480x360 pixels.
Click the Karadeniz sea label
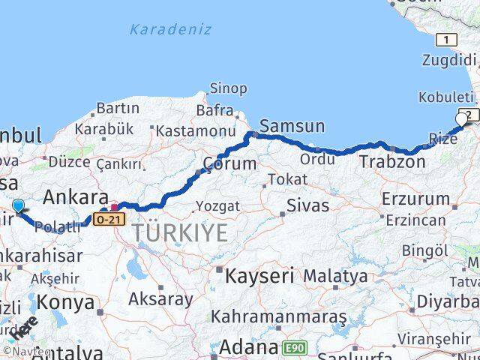click(170, 30)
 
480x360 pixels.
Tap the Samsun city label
click(292, 126)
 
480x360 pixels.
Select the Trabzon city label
click(392, 161)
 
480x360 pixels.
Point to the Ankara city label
click(76, 198)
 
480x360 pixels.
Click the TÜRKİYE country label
click(180, 233)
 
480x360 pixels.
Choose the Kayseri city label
click(260, 275)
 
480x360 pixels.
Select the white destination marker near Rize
click(461, 118)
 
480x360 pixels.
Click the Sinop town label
click(228, 88)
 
